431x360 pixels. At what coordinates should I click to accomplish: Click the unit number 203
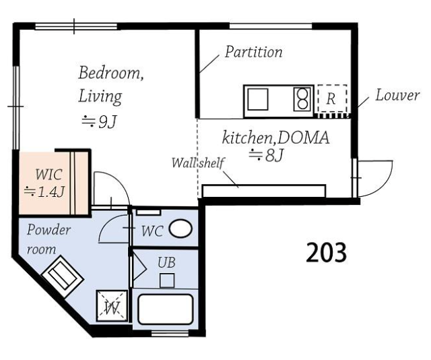[x=326, y=252]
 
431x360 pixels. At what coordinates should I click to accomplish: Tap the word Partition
[x=253, y=52]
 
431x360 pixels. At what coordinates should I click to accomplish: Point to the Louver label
[x=397, y=95]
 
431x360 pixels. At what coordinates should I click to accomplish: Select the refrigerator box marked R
[x=332, y=98]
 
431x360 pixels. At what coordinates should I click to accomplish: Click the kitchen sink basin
[x=258, y=99]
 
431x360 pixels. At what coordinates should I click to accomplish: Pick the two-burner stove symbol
[x=302, y=99]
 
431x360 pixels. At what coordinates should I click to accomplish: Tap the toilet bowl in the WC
[x=180, y=229]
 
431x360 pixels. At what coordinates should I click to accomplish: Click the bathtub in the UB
[x=165, y=309]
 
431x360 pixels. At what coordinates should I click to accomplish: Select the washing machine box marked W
[x=112, y=306]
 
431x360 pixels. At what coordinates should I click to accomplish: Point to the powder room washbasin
[x=63, y=276]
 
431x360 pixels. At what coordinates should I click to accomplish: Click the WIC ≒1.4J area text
[x=45, y=183]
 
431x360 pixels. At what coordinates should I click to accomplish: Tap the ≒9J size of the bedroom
[x=100, y=122]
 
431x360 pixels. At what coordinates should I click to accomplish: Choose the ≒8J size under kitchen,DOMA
[x=266, y=155]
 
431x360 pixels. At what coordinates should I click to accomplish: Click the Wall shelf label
[x=197, y=162]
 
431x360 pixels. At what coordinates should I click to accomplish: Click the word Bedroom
[x=111, y=73]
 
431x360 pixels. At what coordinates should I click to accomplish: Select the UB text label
[x=166, y=262]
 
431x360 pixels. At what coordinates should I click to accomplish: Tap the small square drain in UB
[x=167, y=280]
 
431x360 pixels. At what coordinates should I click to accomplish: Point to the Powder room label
[x=48, y=239]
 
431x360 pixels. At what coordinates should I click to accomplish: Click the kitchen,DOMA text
[x=275, y=138]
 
